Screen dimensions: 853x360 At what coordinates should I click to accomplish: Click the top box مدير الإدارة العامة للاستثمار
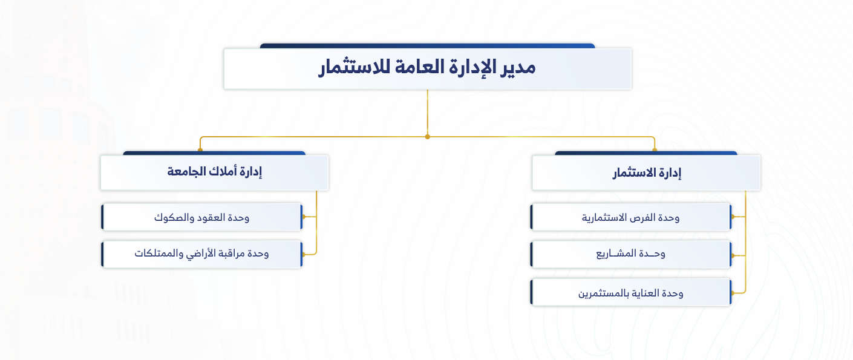[428, 69]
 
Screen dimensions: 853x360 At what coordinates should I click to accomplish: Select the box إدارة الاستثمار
[646, 172]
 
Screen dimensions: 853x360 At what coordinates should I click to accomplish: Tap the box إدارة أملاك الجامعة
[214, 172]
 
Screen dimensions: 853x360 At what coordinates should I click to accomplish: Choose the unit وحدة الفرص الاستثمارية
[630, 217]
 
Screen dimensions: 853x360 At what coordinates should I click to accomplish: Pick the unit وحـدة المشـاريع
[630, 254]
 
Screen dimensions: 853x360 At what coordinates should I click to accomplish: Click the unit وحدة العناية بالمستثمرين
[630, 292]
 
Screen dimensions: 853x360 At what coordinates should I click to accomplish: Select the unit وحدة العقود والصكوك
[202, 217]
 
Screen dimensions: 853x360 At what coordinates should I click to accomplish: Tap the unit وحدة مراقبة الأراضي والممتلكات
[202, 254]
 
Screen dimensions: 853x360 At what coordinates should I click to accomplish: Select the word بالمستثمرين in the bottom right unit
[601, 293]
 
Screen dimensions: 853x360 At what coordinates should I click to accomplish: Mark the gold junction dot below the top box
[427, 137]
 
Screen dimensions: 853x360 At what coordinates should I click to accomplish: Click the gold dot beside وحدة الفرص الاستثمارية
[733, 217]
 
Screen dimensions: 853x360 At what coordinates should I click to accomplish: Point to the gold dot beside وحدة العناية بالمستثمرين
[733, 293]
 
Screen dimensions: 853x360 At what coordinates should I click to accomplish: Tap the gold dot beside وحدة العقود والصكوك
[304, 217]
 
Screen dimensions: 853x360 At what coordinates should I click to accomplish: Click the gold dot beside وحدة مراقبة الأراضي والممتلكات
[304, 255]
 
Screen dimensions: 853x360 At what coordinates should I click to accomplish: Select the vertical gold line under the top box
[427, 113]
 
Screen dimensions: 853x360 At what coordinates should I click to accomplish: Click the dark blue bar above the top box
[427, 46]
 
